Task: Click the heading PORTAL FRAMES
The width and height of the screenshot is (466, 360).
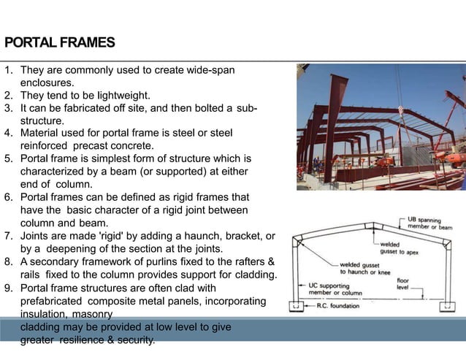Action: (59, 42)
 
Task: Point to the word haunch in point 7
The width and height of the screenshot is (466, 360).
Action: (198, 236)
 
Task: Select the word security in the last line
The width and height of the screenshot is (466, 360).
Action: (131, 340)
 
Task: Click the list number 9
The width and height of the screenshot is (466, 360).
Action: (8, 288)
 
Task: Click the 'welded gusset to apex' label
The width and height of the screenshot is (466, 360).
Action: (399, 248)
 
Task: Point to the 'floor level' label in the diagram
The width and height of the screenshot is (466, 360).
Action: (403, 284)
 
